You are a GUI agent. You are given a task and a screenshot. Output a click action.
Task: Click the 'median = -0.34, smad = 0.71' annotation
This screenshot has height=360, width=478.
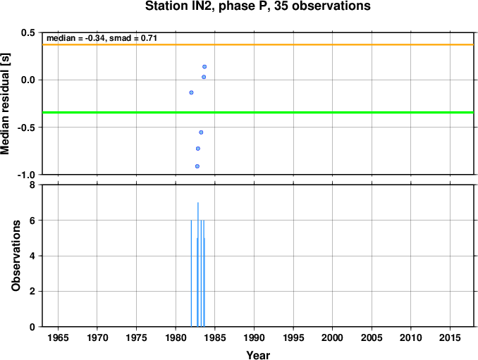pos(102,38)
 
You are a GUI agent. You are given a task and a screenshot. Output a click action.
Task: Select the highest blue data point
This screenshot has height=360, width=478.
pos(204,67)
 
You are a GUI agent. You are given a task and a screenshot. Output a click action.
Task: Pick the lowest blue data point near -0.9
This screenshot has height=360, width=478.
pos(197,166)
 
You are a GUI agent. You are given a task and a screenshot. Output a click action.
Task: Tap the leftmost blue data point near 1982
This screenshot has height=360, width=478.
pos(191,92)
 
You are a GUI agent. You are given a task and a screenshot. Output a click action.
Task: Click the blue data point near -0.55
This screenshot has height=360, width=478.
pos(201,132)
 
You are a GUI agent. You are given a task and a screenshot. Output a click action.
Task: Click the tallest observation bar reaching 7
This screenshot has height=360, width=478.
pos(198,264)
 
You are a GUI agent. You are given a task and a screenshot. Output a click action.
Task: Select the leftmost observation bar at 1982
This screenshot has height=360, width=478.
pos(191,273)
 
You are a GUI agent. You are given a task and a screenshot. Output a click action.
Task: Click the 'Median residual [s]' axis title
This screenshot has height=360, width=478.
pos(5,104)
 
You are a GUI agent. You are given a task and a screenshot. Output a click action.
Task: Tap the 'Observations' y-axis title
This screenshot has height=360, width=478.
pos(16,256)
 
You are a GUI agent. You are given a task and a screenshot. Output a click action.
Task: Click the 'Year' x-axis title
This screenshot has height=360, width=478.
pos(258,355)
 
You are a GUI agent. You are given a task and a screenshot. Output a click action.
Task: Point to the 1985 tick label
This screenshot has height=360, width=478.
pos(215,337)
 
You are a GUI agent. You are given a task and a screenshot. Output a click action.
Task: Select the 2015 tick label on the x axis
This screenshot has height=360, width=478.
pos(451,337)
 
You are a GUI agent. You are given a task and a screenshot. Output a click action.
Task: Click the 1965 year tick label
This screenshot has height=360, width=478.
pos(58,337)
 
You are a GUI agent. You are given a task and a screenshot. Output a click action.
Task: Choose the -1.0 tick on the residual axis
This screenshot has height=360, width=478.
pos(26,175)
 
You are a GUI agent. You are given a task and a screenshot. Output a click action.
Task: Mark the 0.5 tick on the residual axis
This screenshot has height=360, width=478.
pos(28,32)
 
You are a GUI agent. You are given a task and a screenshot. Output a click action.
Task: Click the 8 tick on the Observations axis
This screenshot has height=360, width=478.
pos(32,185)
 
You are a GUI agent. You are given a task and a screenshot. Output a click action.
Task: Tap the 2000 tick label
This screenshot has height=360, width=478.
pos(333,337)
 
